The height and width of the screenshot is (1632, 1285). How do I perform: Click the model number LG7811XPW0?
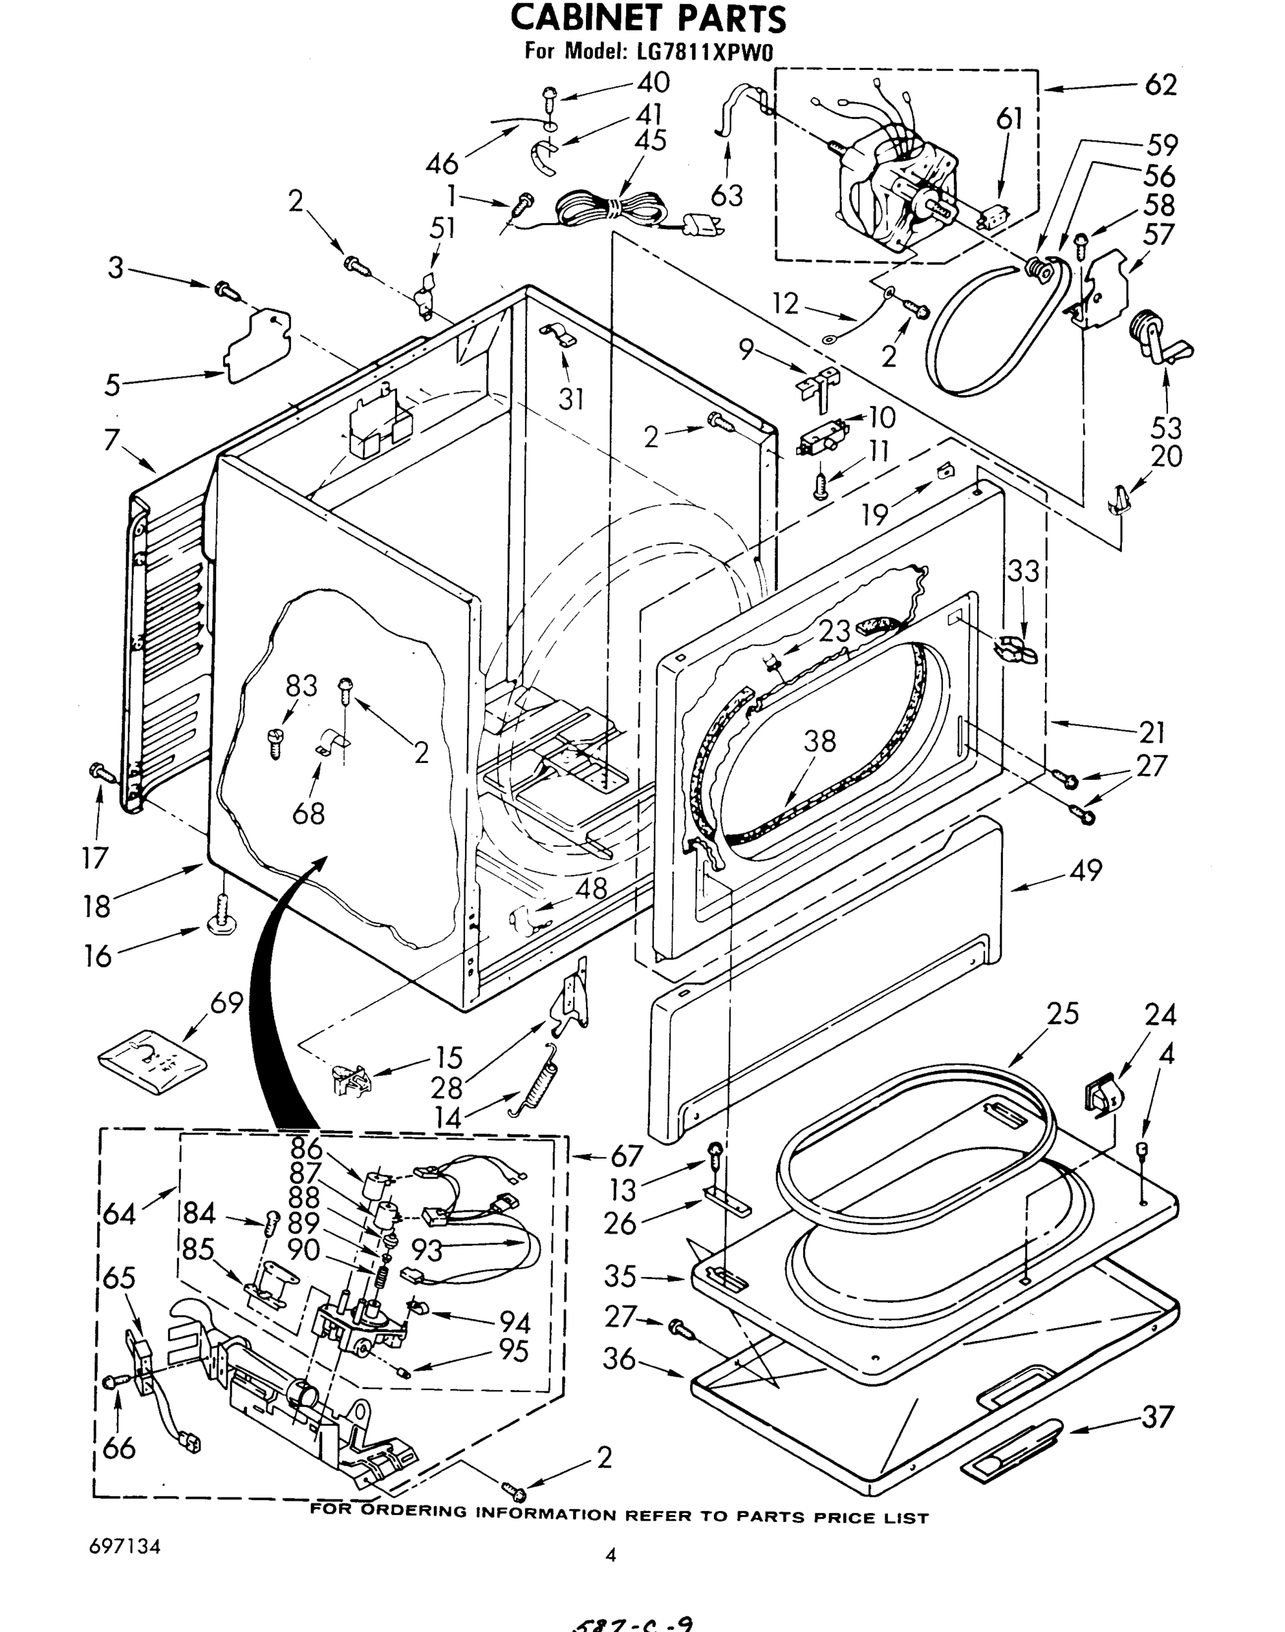coord(700,51)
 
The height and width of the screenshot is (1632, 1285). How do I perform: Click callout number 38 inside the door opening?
coord(819,741)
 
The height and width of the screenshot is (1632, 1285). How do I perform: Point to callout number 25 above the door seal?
coord(1061,1013)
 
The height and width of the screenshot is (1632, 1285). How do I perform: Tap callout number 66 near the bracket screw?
coord(119,1447)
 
